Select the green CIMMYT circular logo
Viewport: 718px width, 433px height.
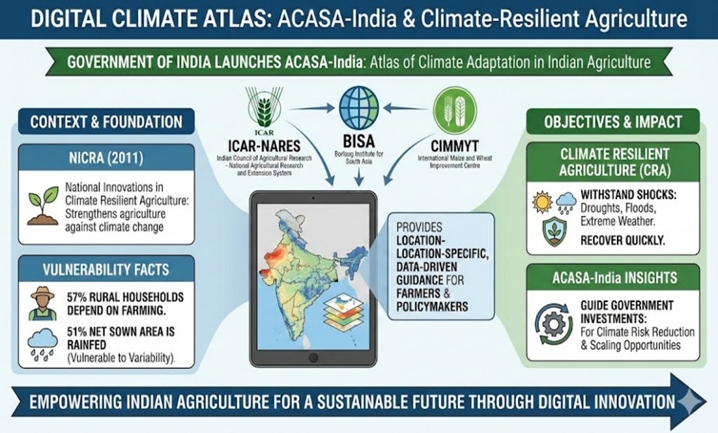pos(455,110)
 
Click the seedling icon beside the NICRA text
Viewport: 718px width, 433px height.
pos(43,206)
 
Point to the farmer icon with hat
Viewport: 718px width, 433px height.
pos(42,304)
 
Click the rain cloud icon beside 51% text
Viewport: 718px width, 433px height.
pos(43,345)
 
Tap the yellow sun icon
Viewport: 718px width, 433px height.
pos(543,202)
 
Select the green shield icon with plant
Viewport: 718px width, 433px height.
pos(555,232)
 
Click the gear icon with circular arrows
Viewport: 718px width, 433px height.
pos(554,325)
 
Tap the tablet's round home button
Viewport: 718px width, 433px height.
pos(314,357)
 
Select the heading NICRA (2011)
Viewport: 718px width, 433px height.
pos(106,158)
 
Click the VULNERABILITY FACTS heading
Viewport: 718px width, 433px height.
pos(106,269)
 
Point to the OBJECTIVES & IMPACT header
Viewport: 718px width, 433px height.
pos(613,122)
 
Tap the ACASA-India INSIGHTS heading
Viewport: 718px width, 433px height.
pos(614,277)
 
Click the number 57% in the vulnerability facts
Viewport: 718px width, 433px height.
pos(77,297)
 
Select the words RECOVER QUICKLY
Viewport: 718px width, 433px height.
pos(623,240)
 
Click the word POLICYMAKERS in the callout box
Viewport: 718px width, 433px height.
pos(432,307)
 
